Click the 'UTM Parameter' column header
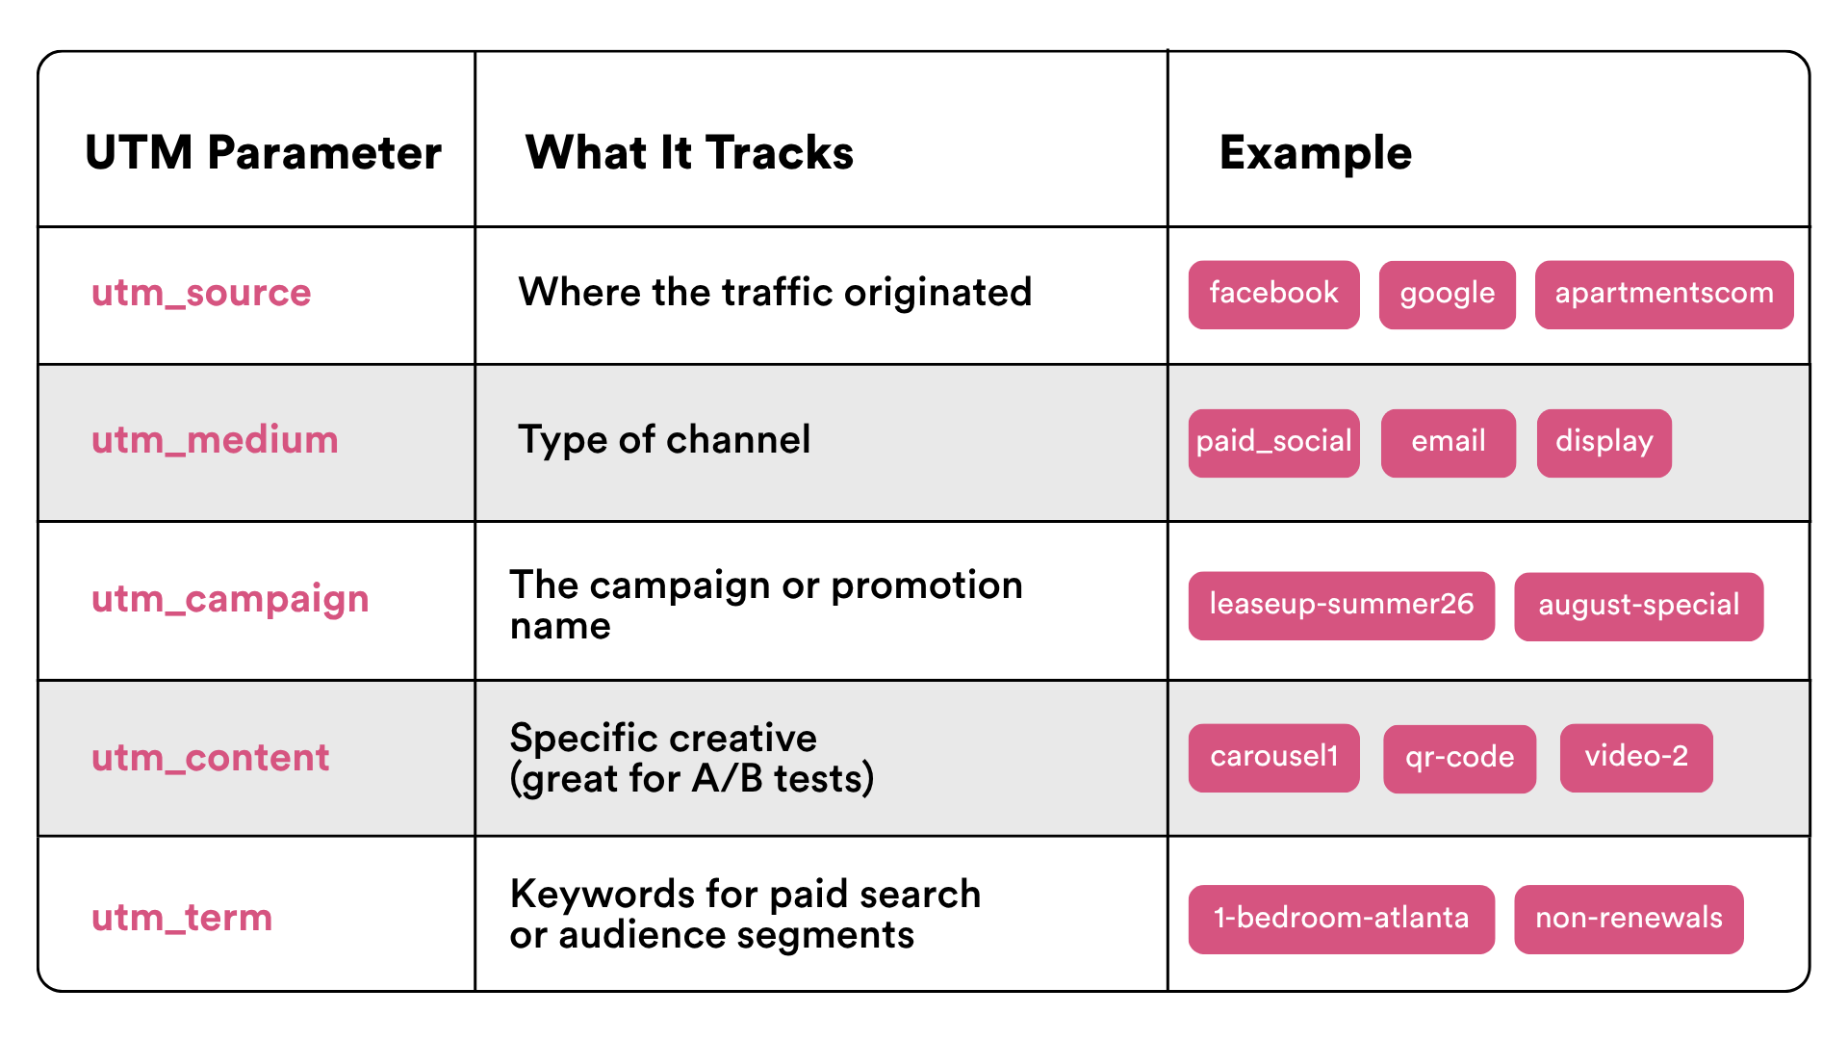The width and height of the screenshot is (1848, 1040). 263,153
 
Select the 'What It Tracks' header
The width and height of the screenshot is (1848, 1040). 689,153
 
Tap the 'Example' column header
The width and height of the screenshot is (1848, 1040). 1315,153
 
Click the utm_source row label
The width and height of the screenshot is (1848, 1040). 201,293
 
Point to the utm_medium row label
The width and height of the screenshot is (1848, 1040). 215,440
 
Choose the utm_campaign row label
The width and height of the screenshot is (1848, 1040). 230,600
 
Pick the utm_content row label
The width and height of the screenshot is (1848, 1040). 210,758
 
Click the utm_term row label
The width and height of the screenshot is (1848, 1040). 182,918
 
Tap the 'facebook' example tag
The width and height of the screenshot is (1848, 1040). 1273,294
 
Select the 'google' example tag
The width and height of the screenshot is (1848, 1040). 1447,294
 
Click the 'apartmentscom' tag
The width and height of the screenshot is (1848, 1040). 1663,294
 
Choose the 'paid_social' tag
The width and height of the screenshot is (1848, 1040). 1273,442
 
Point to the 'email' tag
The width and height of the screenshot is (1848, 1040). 1448,442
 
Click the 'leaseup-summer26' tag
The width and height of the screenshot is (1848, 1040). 1341,605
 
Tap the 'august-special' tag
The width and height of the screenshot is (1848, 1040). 1638,606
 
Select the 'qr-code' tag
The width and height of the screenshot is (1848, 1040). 1459,758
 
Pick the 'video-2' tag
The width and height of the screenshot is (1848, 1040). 1635,757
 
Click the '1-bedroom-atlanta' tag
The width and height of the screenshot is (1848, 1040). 1341,919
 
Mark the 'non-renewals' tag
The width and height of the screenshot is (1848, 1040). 1629,919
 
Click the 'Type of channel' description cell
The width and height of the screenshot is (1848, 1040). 664,440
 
